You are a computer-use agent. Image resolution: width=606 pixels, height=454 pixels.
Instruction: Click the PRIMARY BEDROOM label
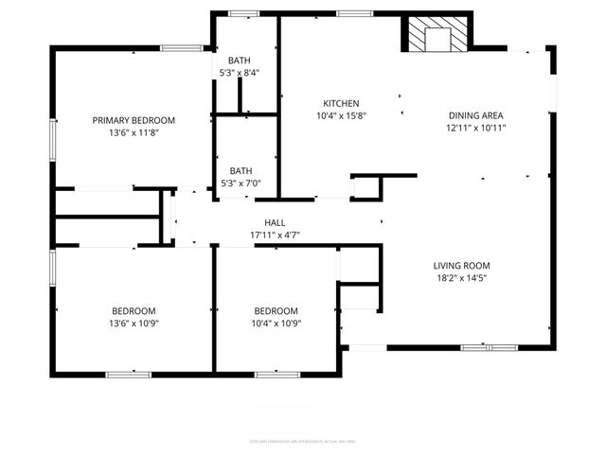134,119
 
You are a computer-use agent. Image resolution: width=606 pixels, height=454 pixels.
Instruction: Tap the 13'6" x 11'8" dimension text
134,132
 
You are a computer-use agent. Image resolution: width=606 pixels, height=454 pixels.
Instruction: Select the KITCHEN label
341,103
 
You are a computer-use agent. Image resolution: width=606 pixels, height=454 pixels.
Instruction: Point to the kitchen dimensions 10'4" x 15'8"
341,115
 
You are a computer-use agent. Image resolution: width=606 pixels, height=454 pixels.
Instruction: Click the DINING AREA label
475,115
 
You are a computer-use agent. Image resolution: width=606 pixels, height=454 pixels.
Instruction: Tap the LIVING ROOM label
462,266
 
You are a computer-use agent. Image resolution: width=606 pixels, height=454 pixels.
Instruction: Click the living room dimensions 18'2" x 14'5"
462,278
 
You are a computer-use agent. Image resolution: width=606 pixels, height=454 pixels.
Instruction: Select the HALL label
275,222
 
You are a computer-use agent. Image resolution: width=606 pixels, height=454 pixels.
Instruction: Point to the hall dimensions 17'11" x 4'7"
275,235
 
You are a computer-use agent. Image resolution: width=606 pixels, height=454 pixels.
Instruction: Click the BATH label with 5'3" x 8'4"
240,61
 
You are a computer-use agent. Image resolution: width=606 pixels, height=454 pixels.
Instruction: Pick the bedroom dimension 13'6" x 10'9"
134,323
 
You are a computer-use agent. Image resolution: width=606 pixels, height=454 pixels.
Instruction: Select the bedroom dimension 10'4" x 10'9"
276,323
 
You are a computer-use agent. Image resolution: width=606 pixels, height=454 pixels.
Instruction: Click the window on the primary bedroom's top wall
179,47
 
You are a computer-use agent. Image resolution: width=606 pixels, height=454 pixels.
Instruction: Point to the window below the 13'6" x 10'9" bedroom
128,375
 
